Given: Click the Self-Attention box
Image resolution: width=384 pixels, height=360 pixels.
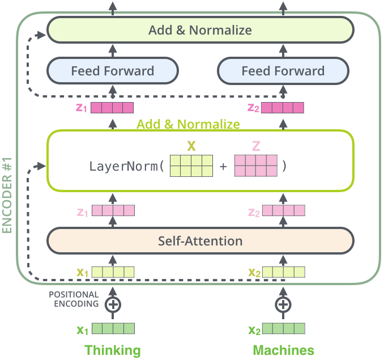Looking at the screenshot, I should (200, 241).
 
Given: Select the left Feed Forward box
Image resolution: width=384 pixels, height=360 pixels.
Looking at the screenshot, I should (112, 71).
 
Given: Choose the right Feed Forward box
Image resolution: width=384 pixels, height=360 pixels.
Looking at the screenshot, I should (283, 71).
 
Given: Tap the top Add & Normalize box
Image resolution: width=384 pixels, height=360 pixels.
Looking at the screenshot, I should (200, 29).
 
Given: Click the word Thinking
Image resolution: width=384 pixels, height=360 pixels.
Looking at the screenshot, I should (113, 350).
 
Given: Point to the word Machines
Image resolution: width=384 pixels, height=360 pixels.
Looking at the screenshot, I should (283, 350).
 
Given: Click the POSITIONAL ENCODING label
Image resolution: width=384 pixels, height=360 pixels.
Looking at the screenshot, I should (74, 299).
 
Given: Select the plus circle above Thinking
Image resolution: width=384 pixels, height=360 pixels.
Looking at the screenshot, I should (113, 304).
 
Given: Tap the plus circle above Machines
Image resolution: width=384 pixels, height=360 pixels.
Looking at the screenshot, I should (283, 304).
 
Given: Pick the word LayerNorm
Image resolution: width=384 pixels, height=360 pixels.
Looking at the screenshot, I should (123, 167).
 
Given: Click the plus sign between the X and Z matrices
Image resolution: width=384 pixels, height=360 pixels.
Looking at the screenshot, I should (224, 167).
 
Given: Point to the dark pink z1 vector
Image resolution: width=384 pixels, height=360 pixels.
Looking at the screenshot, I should (112, 108).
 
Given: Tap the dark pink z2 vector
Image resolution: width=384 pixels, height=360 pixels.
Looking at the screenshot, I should (283, 108).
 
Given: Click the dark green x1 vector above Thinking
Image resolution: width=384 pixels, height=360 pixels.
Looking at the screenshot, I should (113, 329).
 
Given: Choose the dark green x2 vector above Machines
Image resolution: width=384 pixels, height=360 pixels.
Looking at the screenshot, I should (283, 329).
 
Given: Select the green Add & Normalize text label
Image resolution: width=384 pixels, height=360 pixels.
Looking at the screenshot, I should (188, 124).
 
